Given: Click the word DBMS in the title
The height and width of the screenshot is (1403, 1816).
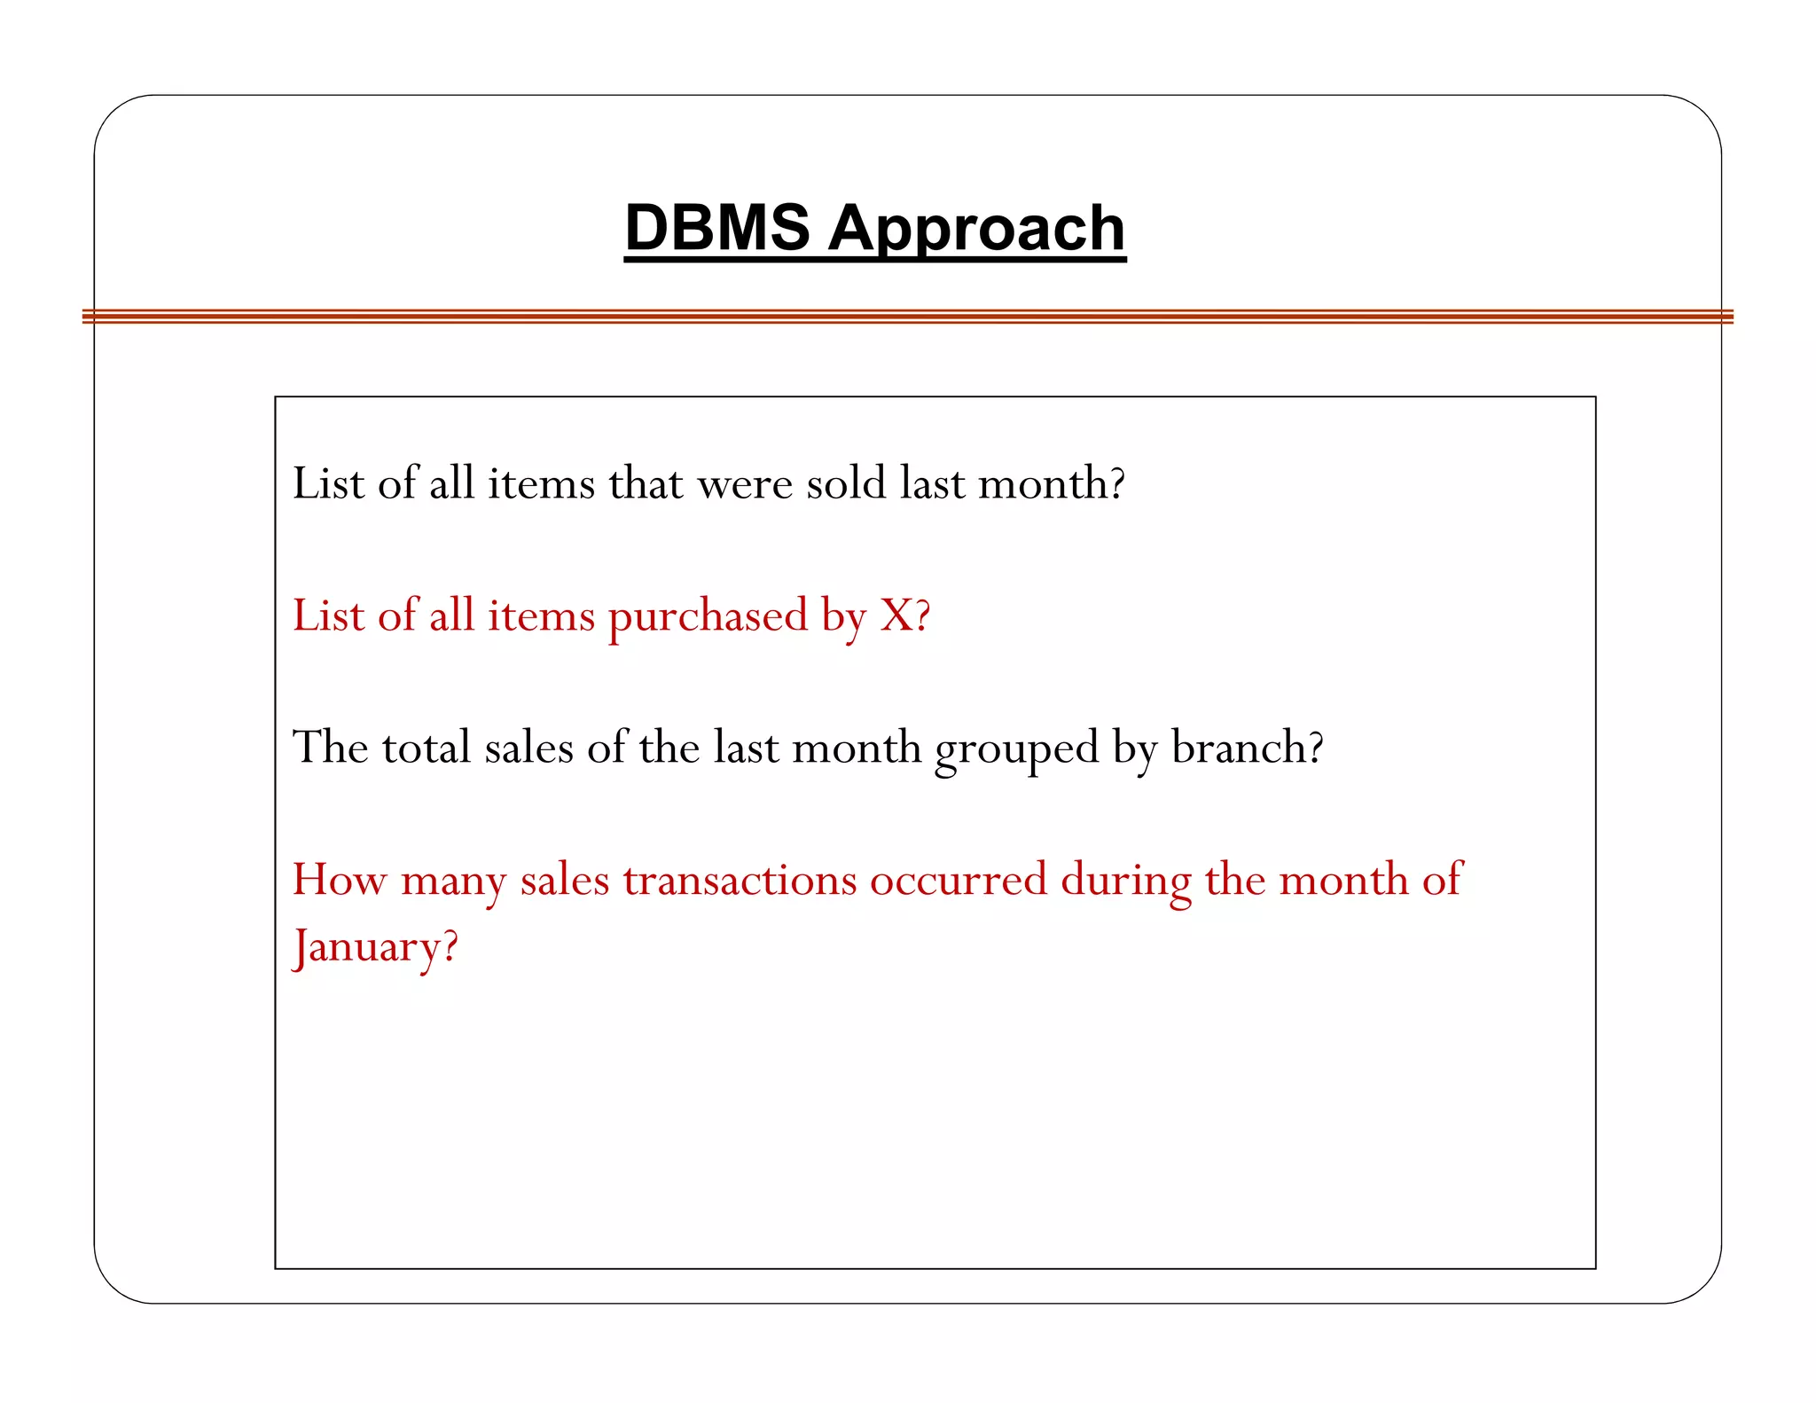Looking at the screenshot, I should (716, 228).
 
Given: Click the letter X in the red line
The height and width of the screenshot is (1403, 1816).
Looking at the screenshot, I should (896, 615).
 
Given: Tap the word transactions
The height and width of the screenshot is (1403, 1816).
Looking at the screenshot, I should (740, 880).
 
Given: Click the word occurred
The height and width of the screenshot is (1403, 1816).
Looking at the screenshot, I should (959, 880).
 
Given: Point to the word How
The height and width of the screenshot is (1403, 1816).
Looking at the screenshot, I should (340, 880).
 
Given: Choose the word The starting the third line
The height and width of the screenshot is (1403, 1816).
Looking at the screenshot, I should (330, 748).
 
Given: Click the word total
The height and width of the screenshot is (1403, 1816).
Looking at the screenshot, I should (426, 748).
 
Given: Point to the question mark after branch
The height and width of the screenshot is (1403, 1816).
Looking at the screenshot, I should (1316, 748).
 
